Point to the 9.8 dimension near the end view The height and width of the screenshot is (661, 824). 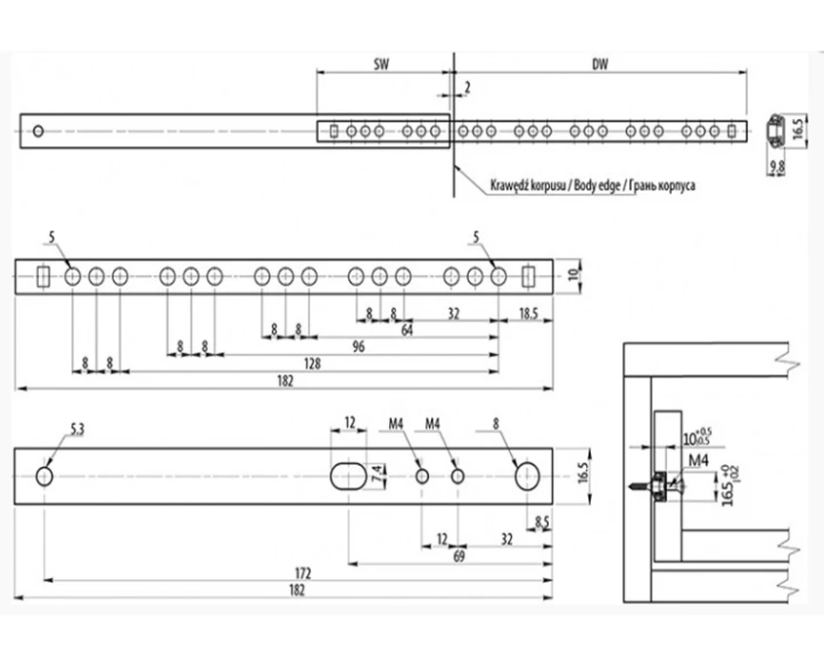point(777,168)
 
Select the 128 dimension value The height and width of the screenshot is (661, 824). point(312,363)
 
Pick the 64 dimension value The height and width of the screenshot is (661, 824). point(408,330)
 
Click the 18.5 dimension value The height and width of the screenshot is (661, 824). point(529,314)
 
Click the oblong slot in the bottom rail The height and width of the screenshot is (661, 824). point(348,476)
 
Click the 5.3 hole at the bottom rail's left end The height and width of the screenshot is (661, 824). point(45,476)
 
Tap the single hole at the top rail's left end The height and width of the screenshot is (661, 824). point(38,131)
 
